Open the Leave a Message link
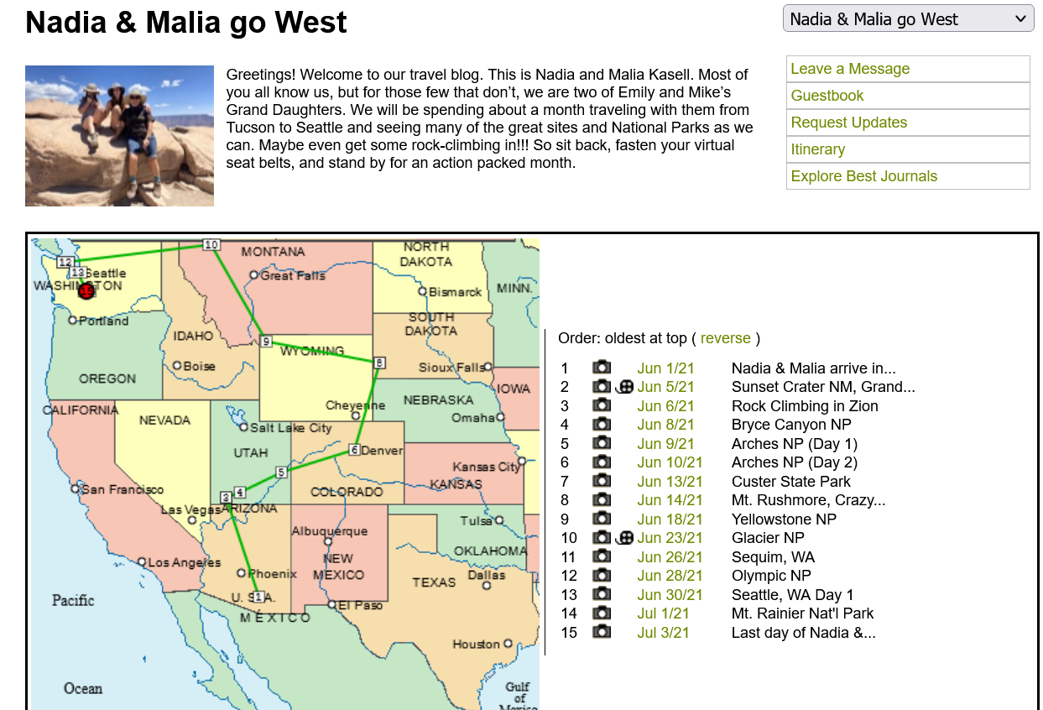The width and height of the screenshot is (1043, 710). pos(850,69)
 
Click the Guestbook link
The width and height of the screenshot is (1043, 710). pos(827,96)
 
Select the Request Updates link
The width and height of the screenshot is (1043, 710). pos(848,123)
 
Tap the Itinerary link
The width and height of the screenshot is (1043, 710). pos(817,149)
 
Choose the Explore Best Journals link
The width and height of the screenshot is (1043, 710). pos(863,176)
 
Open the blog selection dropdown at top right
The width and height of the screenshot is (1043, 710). pos(908,18)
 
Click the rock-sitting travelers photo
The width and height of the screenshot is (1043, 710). pos(119,136)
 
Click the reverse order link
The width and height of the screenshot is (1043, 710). pos(725,338)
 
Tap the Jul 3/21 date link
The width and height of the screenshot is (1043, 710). pos(663,633)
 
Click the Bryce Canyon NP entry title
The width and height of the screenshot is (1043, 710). pos(791,425)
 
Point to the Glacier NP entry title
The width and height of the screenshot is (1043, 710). pos(768,538)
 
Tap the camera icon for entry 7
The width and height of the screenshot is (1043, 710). pos(601,481)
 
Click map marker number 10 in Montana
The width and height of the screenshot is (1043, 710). pos(211,244)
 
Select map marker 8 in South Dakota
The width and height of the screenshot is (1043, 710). pos(379,363)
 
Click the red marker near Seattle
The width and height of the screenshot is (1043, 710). pos(86,290)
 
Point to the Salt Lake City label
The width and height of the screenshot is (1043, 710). pos(290,428)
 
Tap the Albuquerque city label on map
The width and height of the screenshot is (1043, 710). pos(329,531)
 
